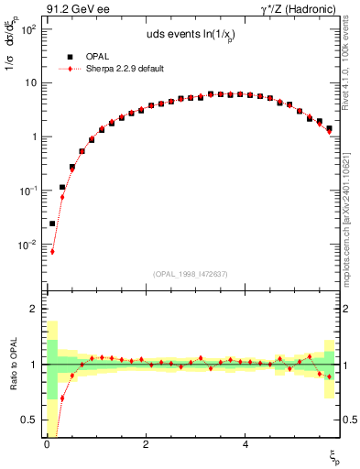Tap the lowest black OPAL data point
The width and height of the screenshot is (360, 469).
[x=52, y=224]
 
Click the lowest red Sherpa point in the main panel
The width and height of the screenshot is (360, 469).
[x=52, y=251]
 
